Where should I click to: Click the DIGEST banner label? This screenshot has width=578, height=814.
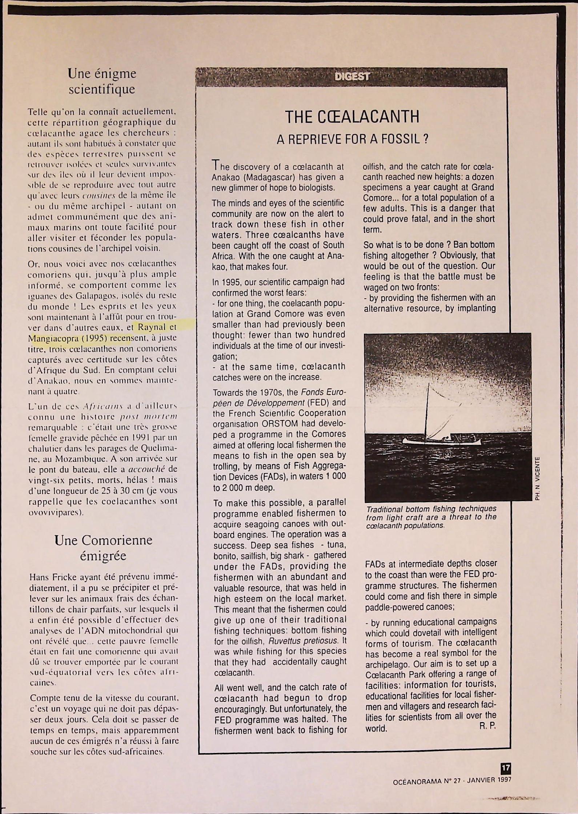(x=352, y=77)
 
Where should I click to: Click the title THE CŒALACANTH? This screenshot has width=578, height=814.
(x=352, y=117)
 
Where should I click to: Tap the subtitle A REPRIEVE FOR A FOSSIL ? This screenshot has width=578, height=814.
(x=352, y=139)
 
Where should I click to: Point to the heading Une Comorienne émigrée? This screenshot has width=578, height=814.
(x=103, y=548)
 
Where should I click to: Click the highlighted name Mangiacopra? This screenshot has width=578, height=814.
(x=51, y=338)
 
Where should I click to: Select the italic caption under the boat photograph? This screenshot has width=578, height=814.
(x=431, y=517)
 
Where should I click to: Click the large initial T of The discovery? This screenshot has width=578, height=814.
(x=216, y=166)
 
